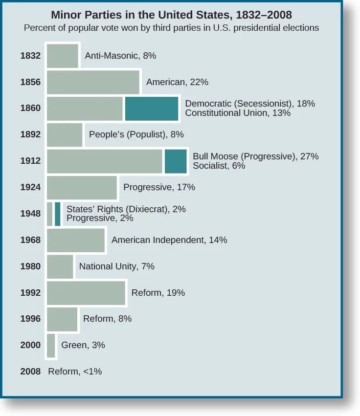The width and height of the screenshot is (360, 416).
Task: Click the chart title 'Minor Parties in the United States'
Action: pos(171,15)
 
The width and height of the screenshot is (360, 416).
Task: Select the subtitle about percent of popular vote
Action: pos(171,28)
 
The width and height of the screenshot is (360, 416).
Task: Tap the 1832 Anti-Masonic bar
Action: pos(62,56)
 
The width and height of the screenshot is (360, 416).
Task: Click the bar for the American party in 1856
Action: pos(93,82)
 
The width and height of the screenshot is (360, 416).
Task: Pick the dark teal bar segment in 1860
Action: pos(151,109)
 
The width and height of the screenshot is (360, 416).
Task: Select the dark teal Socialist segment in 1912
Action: pos(175,161)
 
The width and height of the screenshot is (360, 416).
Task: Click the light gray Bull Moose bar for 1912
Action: pos(104,161)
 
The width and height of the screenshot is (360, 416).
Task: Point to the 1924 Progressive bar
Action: pos(82,188)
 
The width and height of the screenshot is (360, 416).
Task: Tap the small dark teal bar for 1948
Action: pos(58,214)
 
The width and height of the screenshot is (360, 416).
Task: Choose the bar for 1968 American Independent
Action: pos(76,241)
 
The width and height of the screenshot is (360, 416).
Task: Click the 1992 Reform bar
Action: pos(86,293)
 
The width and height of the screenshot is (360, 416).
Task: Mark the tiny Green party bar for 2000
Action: pos(51,346)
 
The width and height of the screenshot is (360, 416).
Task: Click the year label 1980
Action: pos(30,266)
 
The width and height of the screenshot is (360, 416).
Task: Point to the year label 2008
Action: pos(30,372)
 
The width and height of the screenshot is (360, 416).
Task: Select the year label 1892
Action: pos(30,134)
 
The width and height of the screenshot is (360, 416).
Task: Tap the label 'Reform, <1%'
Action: pos(75,372)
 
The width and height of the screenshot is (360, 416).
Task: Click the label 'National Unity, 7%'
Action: pos(116,266)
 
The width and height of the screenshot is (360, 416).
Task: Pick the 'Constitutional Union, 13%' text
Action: pos(238,113)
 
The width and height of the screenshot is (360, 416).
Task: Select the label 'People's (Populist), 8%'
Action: pos(136,134)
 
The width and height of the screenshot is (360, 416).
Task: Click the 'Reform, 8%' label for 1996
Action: pos(107,319)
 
